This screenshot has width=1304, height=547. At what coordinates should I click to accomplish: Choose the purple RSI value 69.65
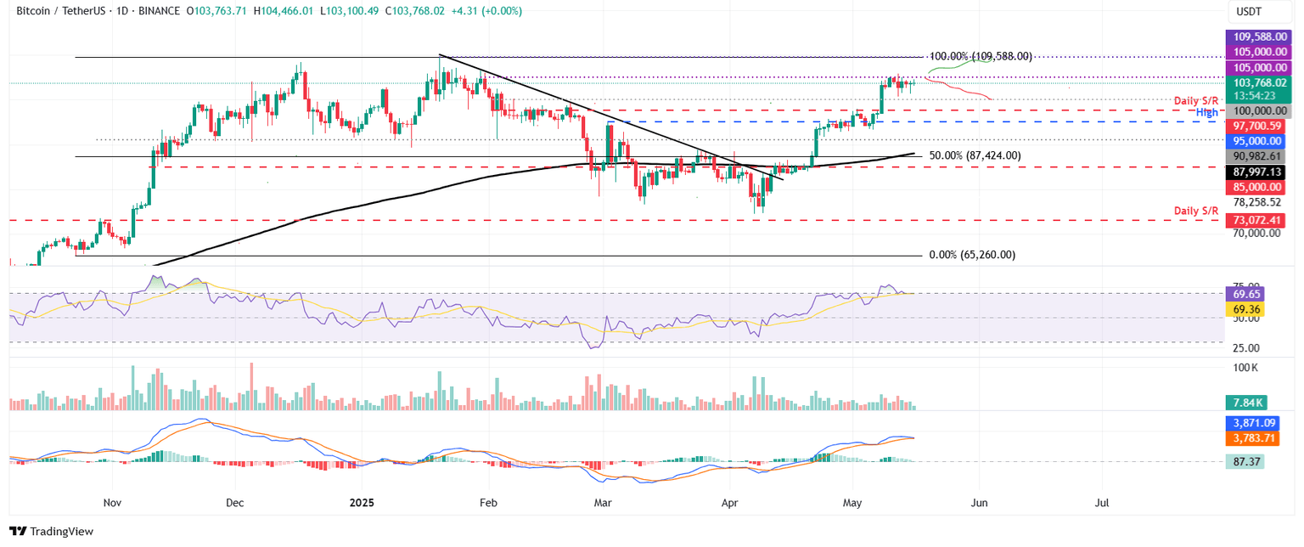(x=1248, y=294)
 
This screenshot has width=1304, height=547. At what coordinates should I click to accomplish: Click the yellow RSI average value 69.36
(x=1248, y=310)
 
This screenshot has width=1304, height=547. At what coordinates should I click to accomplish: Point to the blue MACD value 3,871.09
(x=1255, y=422)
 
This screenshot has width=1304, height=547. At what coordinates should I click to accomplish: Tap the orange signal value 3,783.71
(x=1255, y=438)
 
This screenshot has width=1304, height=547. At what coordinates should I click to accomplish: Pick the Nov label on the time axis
(x=110, y=503)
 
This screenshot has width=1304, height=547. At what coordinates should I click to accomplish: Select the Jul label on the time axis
(x=1102, y=503)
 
